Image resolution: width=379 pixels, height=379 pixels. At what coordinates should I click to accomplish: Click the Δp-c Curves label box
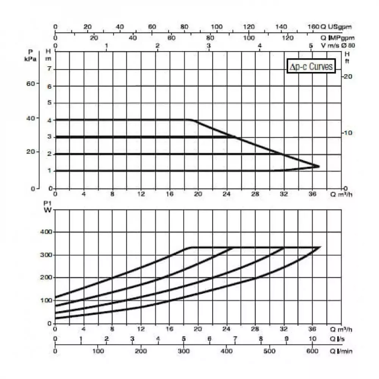(311, 67)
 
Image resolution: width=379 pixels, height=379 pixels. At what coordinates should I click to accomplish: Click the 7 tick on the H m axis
(49, 69)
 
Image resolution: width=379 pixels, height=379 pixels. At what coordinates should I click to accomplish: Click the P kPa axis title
(30, 55)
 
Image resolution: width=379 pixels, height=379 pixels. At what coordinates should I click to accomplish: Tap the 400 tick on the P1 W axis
(47, 232)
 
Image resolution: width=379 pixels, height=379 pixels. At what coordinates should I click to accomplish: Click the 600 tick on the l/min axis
(312, 351)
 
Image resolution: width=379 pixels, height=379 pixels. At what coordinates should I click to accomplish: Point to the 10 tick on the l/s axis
(312, 338)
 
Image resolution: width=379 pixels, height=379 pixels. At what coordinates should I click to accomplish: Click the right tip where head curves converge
(318, 166)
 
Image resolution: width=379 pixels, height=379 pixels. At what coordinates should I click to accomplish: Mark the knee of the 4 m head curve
(190, 120)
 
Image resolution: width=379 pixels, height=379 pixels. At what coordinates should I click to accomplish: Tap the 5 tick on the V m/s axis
(311, 45)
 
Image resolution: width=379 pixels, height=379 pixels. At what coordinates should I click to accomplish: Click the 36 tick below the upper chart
(312, 194)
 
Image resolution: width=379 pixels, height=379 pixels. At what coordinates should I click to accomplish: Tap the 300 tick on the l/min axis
(184, 351)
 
